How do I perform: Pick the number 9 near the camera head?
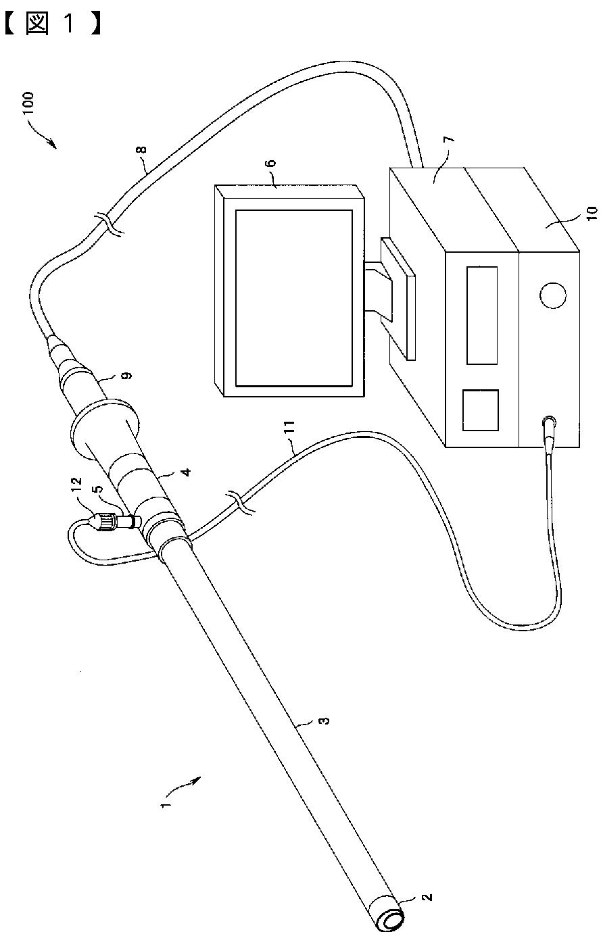(x=126, y=374)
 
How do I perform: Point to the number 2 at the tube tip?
(x=425, y=898)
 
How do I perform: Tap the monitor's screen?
(x=293, y=297)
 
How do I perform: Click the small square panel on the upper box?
(x=480, y=410)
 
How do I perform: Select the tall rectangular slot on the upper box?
(x=482, y=314)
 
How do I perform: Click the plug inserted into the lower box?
(x=549, y=425)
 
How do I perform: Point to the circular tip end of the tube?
(x=391, y=920)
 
